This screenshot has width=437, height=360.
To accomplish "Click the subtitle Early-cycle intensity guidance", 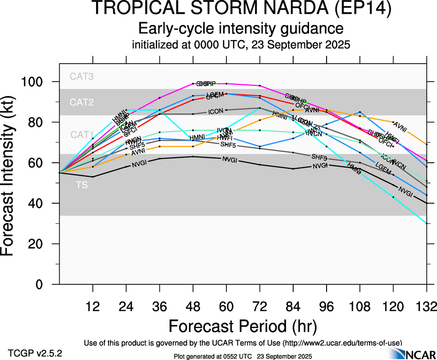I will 241,29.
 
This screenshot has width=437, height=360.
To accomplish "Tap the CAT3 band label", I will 82,77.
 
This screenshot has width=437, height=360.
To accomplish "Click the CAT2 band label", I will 82,102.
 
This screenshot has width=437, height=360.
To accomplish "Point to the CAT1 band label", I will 82,135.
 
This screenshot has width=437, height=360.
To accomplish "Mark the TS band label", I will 82,186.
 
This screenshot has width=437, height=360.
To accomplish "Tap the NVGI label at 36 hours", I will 140,164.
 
